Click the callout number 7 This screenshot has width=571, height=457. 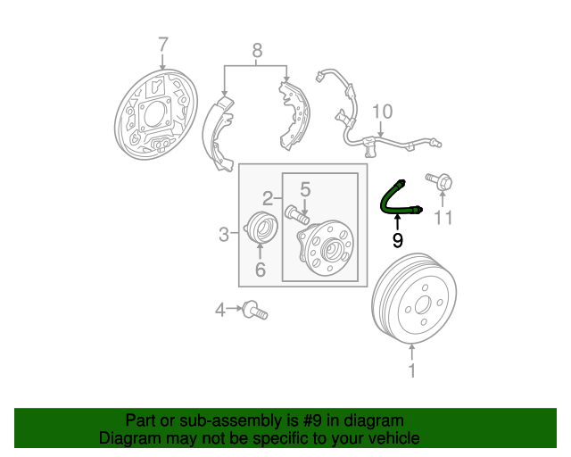coord(163,46)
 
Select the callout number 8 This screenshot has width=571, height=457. coord(257,51)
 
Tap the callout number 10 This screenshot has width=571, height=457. coord(383,112)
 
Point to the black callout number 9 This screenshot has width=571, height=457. coord(398,240)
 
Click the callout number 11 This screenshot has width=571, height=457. coord(443,218)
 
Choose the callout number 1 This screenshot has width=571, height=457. coord(412,370)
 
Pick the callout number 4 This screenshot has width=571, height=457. coord(220,311)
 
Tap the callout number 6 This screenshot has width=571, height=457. coord(260,270)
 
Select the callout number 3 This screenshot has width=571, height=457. coord(224,235)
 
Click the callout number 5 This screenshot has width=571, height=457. coord(305,190)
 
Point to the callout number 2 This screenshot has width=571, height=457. coord(268,199)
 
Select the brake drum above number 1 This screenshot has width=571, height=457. coord(414,299)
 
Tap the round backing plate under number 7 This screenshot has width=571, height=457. coord(156,115)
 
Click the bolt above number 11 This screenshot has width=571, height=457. coord(440,181)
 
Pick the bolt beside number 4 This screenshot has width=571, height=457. coord(255,310)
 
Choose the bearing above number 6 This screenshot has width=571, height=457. coord(260,228)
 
